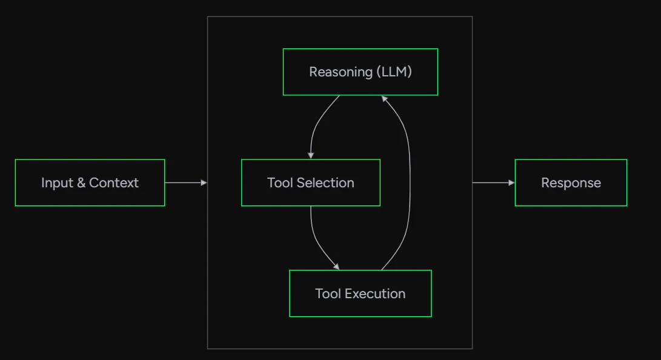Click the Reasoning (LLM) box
360,72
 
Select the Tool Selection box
311,182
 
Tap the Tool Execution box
360,293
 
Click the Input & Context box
90,182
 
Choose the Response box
571,182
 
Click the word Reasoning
340,72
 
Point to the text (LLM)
394,72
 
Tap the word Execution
375,293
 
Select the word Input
58,183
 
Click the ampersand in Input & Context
81,182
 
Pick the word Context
114,182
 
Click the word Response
571,183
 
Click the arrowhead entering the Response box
512,182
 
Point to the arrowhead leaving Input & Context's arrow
204,182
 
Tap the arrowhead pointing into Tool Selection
311,156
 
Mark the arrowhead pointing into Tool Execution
336,267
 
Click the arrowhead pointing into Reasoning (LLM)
384,99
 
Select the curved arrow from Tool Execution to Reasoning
410,181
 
